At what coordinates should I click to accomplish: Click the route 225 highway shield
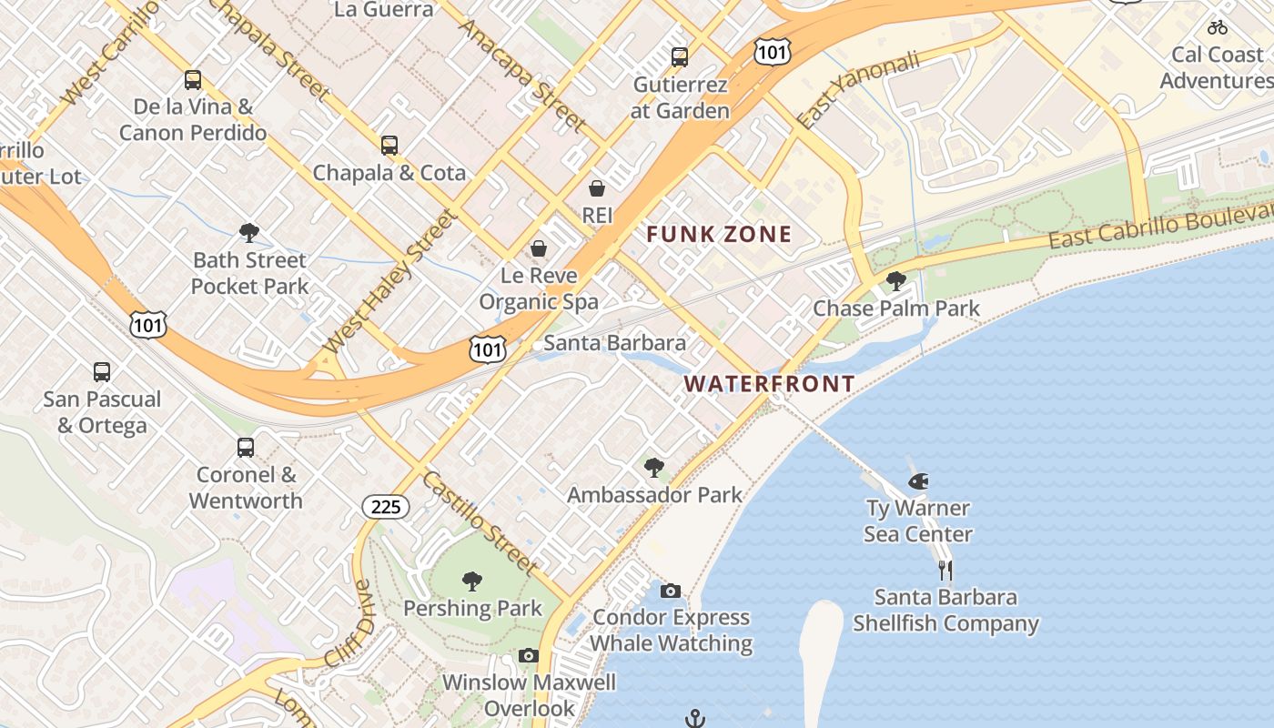(386, 507)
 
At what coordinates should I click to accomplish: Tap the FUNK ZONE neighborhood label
(719, 235)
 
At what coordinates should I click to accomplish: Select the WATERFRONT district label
(769, 384)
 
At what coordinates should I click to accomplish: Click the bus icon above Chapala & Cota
(389, 146)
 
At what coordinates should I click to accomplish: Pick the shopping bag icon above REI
(597, 188)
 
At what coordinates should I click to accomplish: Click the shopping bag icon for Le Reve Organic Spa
(539, 248)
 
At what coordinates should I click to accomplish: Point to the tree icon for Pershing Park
(471, 581)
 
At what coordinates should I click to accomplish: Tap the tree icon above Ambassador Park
(653, 468)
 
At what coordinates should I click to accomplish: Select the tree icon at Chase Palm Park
(895, 281)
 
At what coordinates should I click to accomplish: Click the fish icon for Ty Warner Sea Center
(918, 480)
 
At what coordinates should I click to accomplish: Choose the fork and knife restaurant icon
(945, 571)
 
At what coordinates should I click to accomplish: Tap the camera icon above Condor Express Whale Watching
(670, 591)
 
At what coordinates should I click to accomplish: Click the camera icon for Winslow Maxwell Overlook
(529, 656)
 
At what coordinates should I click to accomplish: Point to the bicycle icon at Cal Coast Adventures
(1217, 27)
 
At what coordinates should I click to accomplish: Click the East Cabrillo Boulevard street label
(1160, 227)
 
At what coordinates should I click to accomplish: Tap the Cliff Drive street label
(348, 622)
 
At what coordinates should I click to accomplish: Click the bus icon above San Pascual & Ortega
(102, 372)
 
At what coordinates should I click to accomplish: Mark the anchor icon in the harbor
(694, 719)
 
